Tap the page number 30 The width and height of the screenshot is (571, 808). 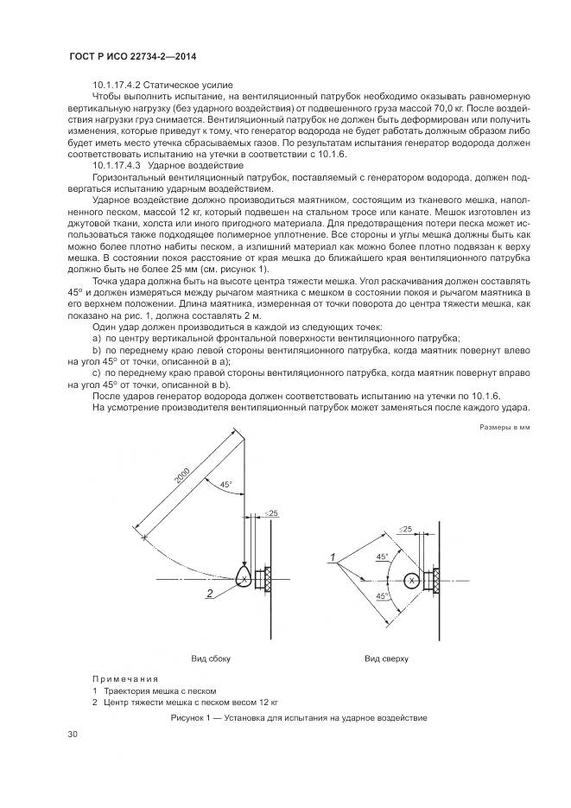pos(73,734)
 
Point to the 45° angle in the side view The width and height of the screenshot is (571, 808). pos(225,485)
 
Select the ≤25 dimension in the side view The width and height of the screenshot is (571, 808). pos(271,514)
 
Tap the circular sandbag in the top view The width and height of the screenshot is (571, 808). pos(413,582)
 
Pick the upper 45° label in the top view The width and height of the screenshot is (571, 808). pos(381,557)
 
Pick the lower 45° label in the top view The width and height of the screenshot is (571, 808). pos(381,596)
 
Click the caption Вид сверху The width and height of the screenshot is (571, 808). pos(386,658)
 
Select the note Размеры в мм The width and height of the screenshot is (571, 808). pos(504,428)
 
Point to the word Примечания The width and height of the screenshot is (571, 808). pos(125,679)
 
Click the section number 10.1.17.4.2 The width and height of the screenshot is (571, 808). pos(118,86)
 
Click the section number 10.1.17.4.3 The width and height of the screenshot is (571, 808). pos(118,164)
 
